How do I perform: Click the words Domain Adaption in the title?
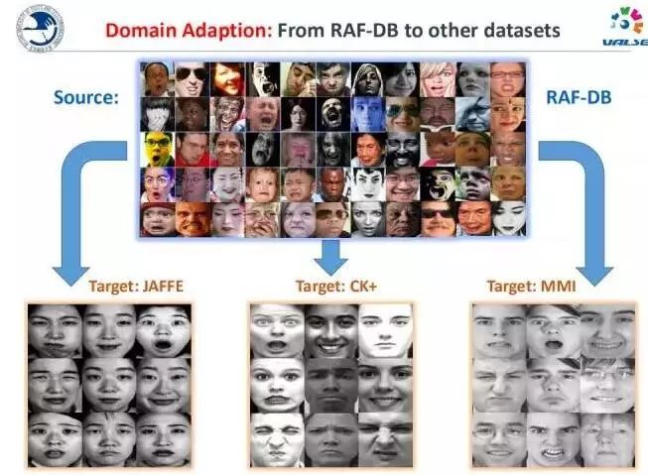188,30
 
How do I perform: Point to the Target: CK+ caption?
329,287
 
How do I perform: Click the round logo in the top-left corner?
38,28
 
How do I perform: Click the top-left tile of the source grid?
158,78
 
